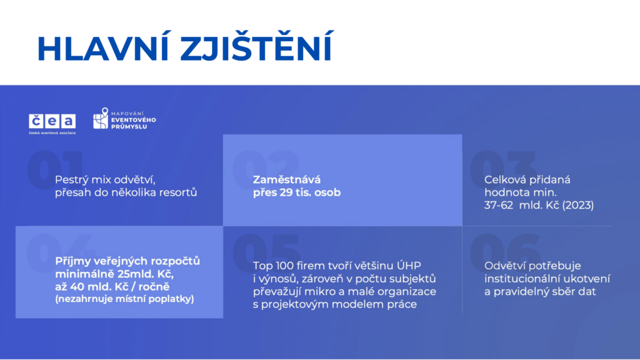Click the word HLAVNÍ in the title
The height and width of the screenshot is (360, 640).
(103, 48)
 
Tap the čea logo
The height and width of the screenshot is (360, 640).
(52, 124)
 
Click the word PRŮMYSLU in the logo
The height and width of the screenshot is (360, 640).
(129, 127)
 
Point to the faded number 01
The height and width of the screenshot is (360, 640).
(55, 169)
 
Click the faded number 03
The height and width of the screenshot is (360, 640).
(503, 169)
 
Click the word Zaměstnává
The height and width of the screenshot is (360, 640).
(287, 179)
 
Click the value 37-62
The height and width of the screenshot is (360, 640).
(499, 205)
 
